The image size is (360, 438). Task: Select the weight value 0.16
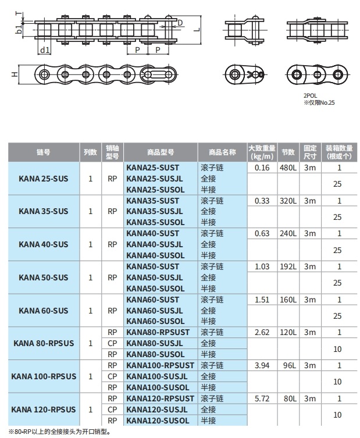[x=262, y=168]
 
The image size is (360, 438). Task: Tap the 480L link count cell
[x=288, y=168]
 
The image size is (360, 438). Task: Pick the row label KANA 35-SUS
[x=44, y=211]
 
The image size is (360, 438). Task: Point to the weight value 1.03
[x=262, y=266]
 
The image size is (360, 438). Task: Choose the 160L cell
[x=288, y=300]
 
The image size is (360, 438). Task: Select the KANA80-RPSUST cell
[x=157, y=332]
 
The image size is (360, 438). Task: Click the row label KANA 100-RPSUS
[x=44, y=376]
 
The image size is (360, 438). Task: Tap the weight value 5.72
[x=262, y=398]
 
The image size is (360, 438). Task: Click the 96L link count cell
[x=288, y=365]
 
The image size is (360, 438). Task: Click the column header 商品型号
[x=161, y=152]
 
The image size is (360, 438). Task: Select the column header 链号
[x=44, y=152]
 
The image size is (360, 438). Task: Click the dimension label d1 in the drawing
[x=45, y=50]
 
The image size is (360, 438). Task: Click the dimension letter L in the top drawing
[x=197, y=28]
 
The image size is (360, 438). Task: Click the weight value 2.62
[x=262, y=332]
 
